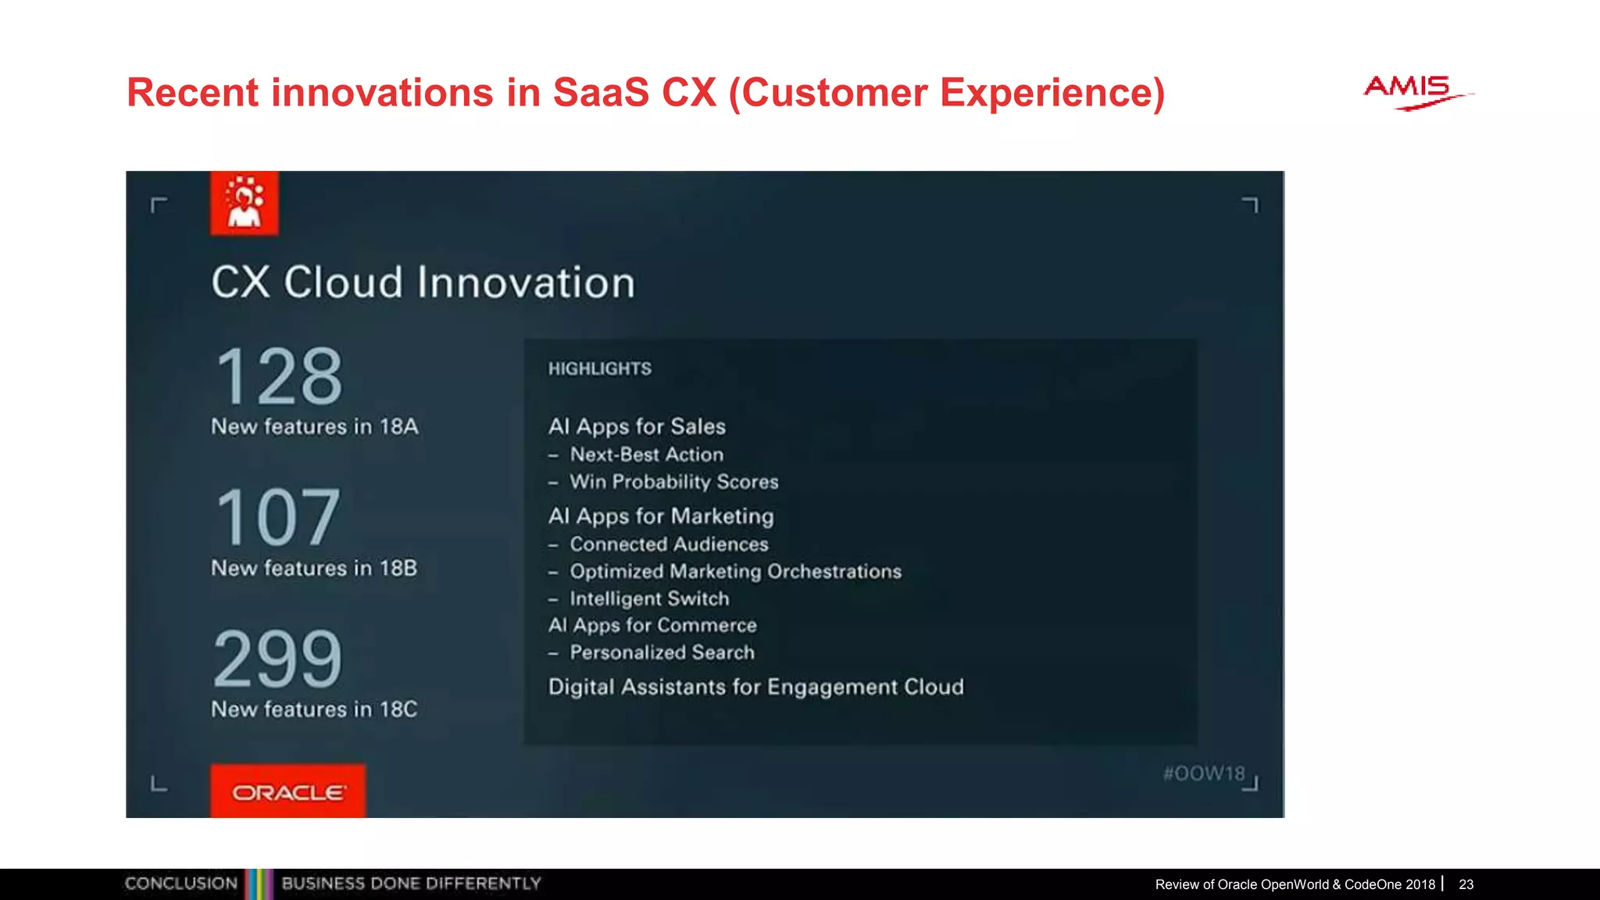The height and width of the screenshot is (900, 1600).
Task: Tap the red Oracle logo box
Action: click(287, 791)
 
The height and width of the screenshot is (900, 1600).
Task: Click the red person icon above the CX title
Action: click(245, 203)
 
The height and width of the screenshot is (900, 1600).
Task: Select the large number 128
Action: click(279, 377)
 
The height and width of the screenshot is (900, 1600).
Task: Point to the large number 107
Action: click(278, 517)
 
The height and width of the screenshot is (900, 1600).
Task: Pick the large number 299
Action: click(278, 659)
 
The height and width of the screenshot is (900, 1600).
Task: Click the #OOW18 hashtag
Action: click(1203, 773)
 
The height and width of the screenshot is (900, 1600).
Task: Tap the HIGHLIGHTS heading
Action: click(599, 369)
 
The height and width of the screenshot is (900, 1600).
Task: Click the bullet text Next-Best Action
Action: click(646, 455)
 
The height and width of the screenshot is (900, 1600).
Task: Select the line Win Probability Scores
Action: click(673, 482)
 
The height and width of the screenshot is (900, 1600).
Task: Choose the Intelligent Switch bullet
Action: click(649, 599)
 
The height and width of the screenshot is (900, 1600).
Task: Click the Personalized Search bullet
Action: click(662, 653)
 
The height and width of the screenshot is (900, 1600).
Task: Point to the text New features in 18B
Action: click(314, 568)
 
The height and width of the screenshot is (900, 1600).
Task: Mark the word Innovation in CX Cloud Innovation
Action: click(526, 283)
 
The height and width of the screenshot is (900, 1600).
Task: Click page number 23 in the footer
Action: click(1466, 884)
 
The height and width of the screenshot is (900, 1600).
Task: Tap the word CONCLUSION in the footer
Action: click(180, 884)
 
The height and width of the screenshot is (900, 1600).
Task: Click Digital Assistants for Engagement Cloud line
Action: click(755, 687)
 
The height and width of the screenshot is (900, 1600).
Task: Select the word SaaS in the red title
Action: click(601, 92)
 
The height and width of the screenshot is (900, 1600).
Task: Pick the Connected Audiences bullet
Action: click(669, 545)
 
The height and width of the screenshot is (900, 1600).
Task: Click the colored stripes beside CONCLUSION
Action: click(259, 884)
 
